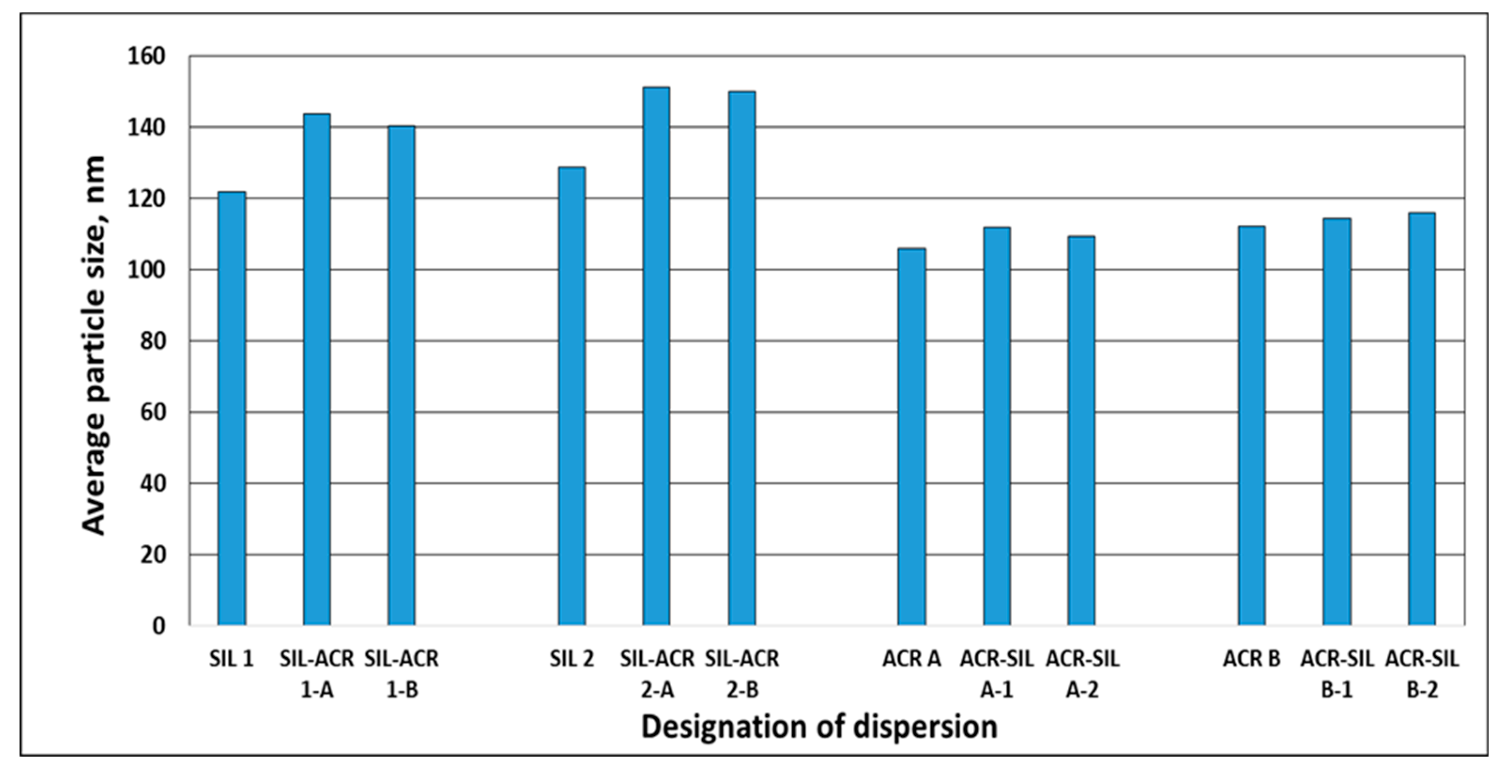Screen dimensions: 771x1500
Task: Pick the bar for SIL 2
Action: click(571, 396)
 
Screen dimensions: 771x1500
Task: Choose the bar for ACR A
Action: click(911, 437)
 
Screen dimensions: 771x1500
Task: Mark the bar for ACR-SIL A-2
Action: click(1081, 431)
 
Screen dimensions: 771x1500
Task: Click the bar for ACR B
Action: click(1251, 425)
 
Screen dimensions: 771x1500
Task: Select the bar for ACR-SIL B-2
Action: click(1422, 419)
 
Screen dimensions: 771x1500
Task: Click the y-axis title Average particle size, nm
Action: click(94, 345)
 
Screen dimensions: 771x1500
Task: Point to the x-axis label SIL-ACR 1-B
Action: click(402, 674)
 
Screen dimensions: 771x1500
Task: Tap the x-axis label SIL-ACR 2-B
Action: click(742, 674)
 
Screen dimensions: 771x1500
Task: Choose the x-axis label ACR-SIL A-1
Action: click(997, 674)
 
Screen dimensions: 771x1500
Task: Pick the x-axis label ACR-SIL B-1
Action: click(1337, 674)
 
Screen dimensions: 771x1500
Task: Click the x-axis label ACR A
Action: click(911, 659)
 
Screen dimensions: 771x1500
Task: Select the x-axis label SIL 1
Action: click(231, 659)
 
